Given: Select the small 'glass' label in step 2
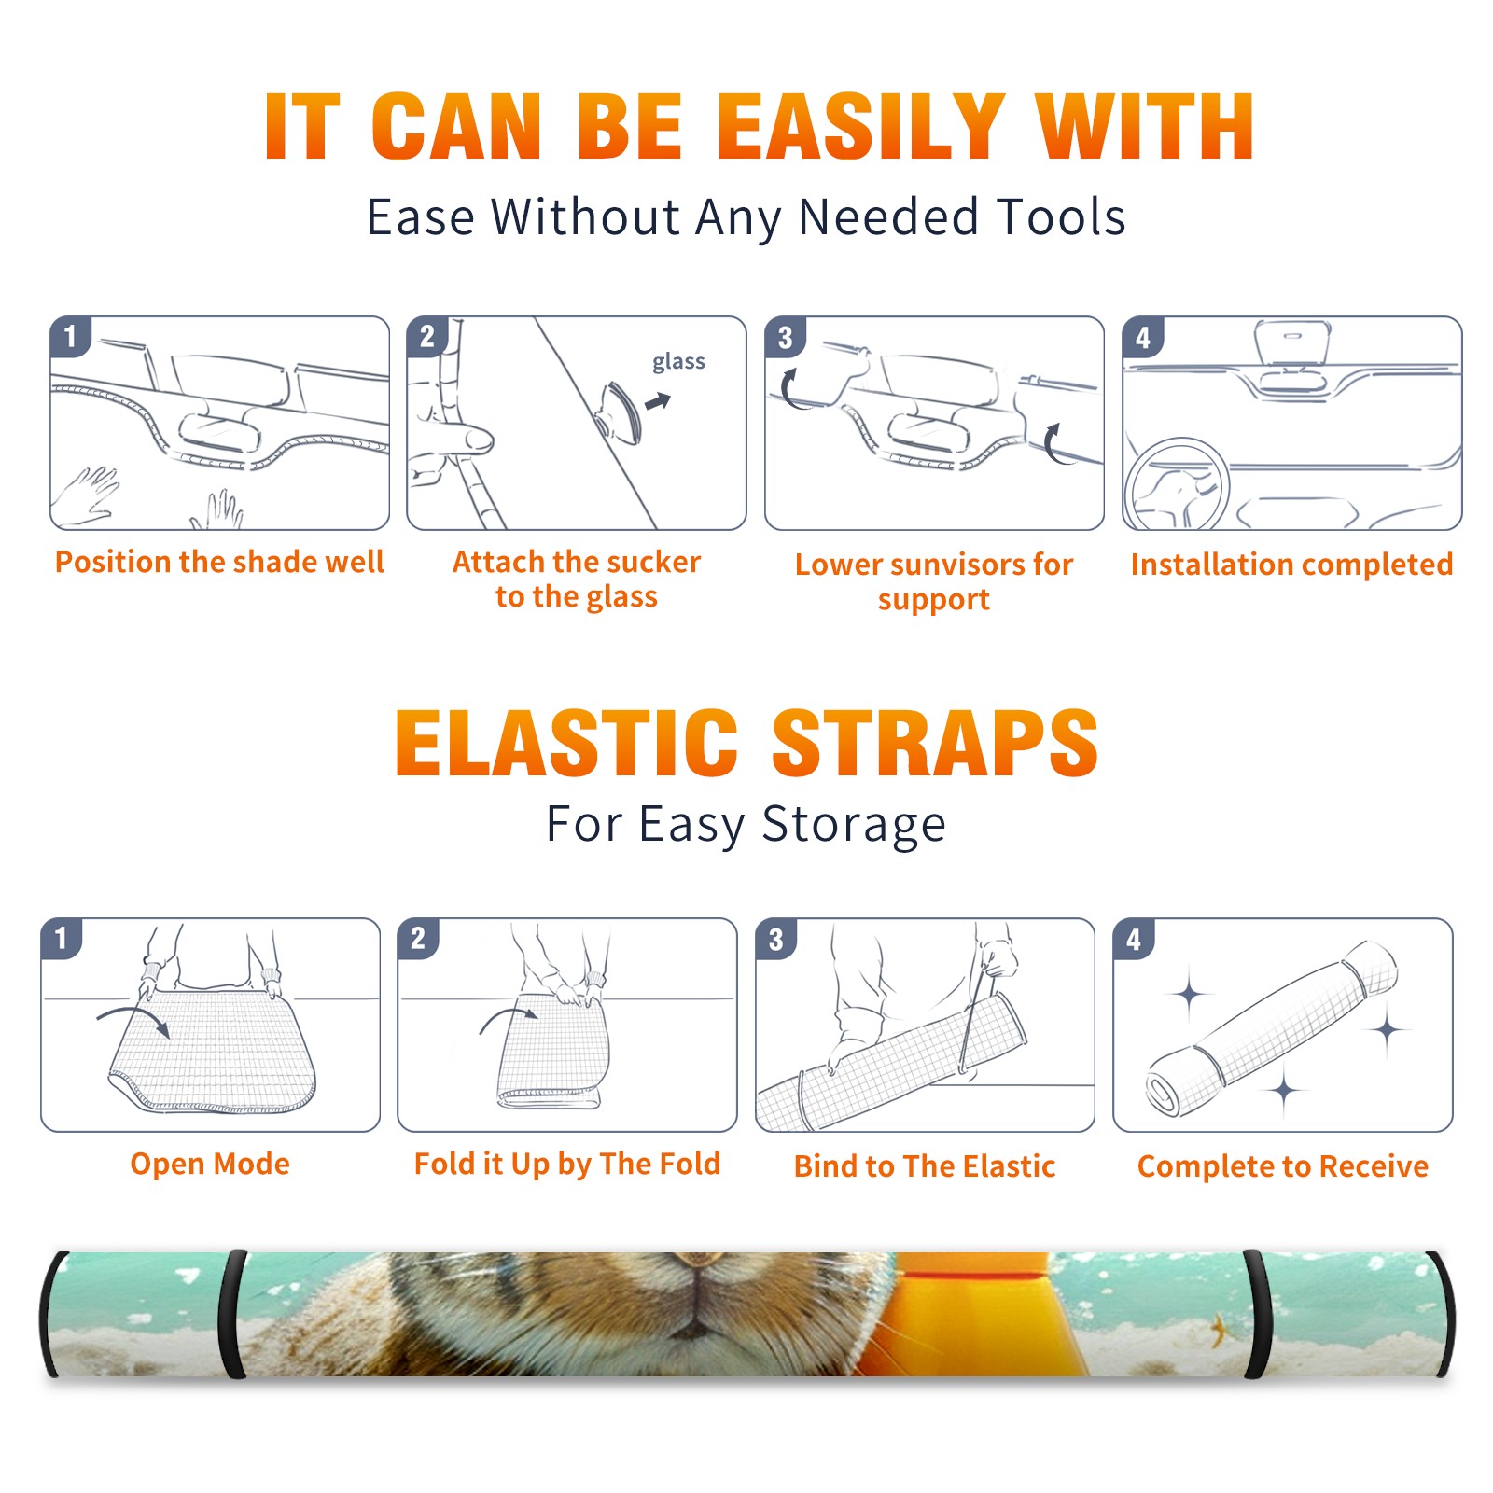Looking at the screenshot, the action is point(678,362).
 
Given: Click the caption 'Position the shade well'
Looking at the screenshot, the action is point(219,562).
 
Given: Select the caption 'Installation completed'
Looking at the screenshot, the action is point(1291,565).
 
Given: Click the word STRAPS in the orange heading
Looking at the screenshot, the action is point(935,743).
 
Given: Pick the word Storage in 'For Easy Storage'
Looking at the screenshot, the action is point(853,825).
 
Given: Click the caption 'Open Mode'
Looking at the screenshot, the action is point(210,1164).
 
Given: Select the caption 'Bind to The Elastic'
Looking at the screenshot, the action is point(925,1166).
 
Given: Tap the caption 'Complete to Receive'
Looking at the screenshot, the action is point(1283,1166).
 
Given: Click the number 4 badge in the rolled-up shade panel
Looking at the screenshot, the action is point(1133,939).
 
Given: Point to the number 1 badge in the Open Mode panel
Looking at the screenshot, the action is point(61,938).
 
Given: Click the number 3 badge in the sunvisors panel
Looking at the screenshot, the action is point(785,337).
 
